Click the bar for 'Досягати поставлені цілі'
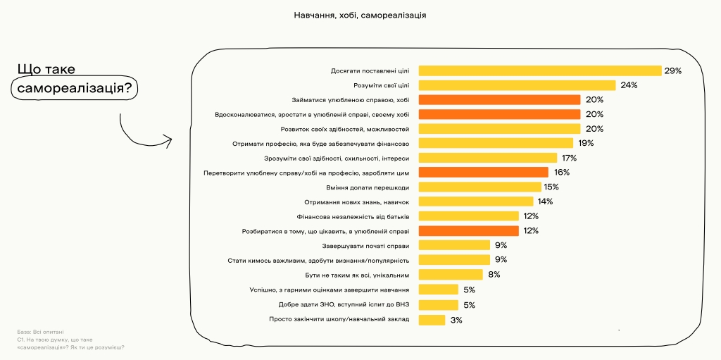point(540,70)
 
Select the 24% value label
point(629,85)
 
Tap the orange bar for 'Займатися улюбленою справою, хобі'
point(499,100)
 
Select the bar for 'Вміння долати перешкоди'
point(479,187)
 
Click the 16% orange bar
point(483,172)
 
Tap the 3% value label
point(456,320)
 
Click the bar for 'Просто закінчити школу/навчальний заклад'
point(432,320)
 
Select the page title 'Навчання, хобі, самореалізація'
point(360,15)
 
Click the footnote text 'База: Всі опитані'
point(40,331)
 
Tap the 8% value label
point(494,275)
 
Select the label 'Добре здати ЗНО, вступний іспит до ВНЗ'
point(344,305)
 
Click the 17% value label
point(569,158)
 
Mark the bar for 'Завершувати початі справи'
point(454,245)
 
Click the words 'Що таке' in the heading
point(46,69)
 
